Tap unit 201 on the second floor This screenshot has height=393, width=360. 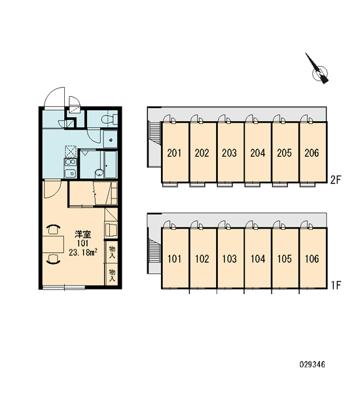(x=175, y=153)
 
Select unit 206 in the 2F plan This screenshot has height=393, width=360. (x=312, y=153)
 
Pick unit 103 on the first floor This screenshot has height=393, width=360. (x=230, y=259)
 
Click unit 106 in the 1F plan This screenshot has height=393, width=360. (x=312, y=259)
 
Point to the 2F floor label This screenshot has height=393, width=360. (x=336, y=179)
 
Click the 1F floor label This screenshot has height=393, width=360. (x=336, y=285)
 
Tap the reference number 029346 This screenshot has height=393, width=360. (x=312, y=364)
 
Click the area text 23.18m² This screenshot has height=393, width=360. (x=83, y=252)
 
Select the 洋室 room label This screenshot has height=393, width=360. (x=82, y=234)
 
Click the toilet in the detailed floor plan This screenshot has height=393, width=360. (x=109, y=119)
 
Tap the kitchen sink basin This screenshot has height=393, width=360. (x=70, y=173)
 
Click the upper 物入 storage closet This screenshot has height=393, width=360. (x=112, y=252)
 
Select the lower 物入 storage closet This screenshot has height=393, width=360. (x=112, y=274)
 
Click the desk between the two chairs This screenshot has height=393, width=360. (x=53, y=244)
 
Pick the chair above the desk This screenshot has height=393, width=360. (x=54, y=229)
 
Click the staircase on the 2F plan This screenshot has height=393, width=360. (x=155, y=132)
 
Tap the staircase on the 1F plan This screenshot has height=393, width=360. (x=155, y=250)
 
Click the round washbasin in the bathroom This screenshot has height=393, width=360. (x=99, y=173)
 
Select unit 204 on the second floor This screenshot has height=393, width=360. (x=257, y=153)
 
